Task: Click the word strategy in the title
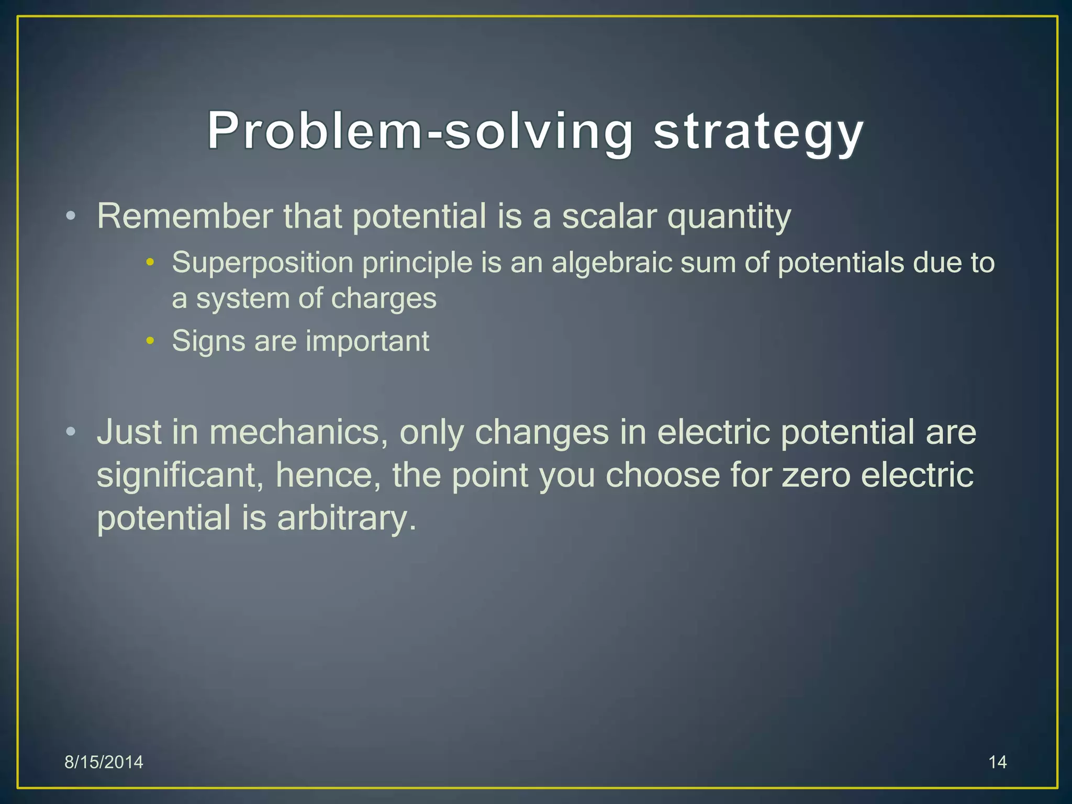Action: [758, 132]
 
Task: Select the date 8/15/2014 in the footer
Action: [104, 762]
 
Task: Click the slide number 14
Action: [997, 762]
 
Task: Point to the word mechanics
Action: [298, 432]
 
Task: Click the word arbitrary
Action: [346, 518]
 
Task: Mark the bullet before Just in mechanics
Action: [71, 432]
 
